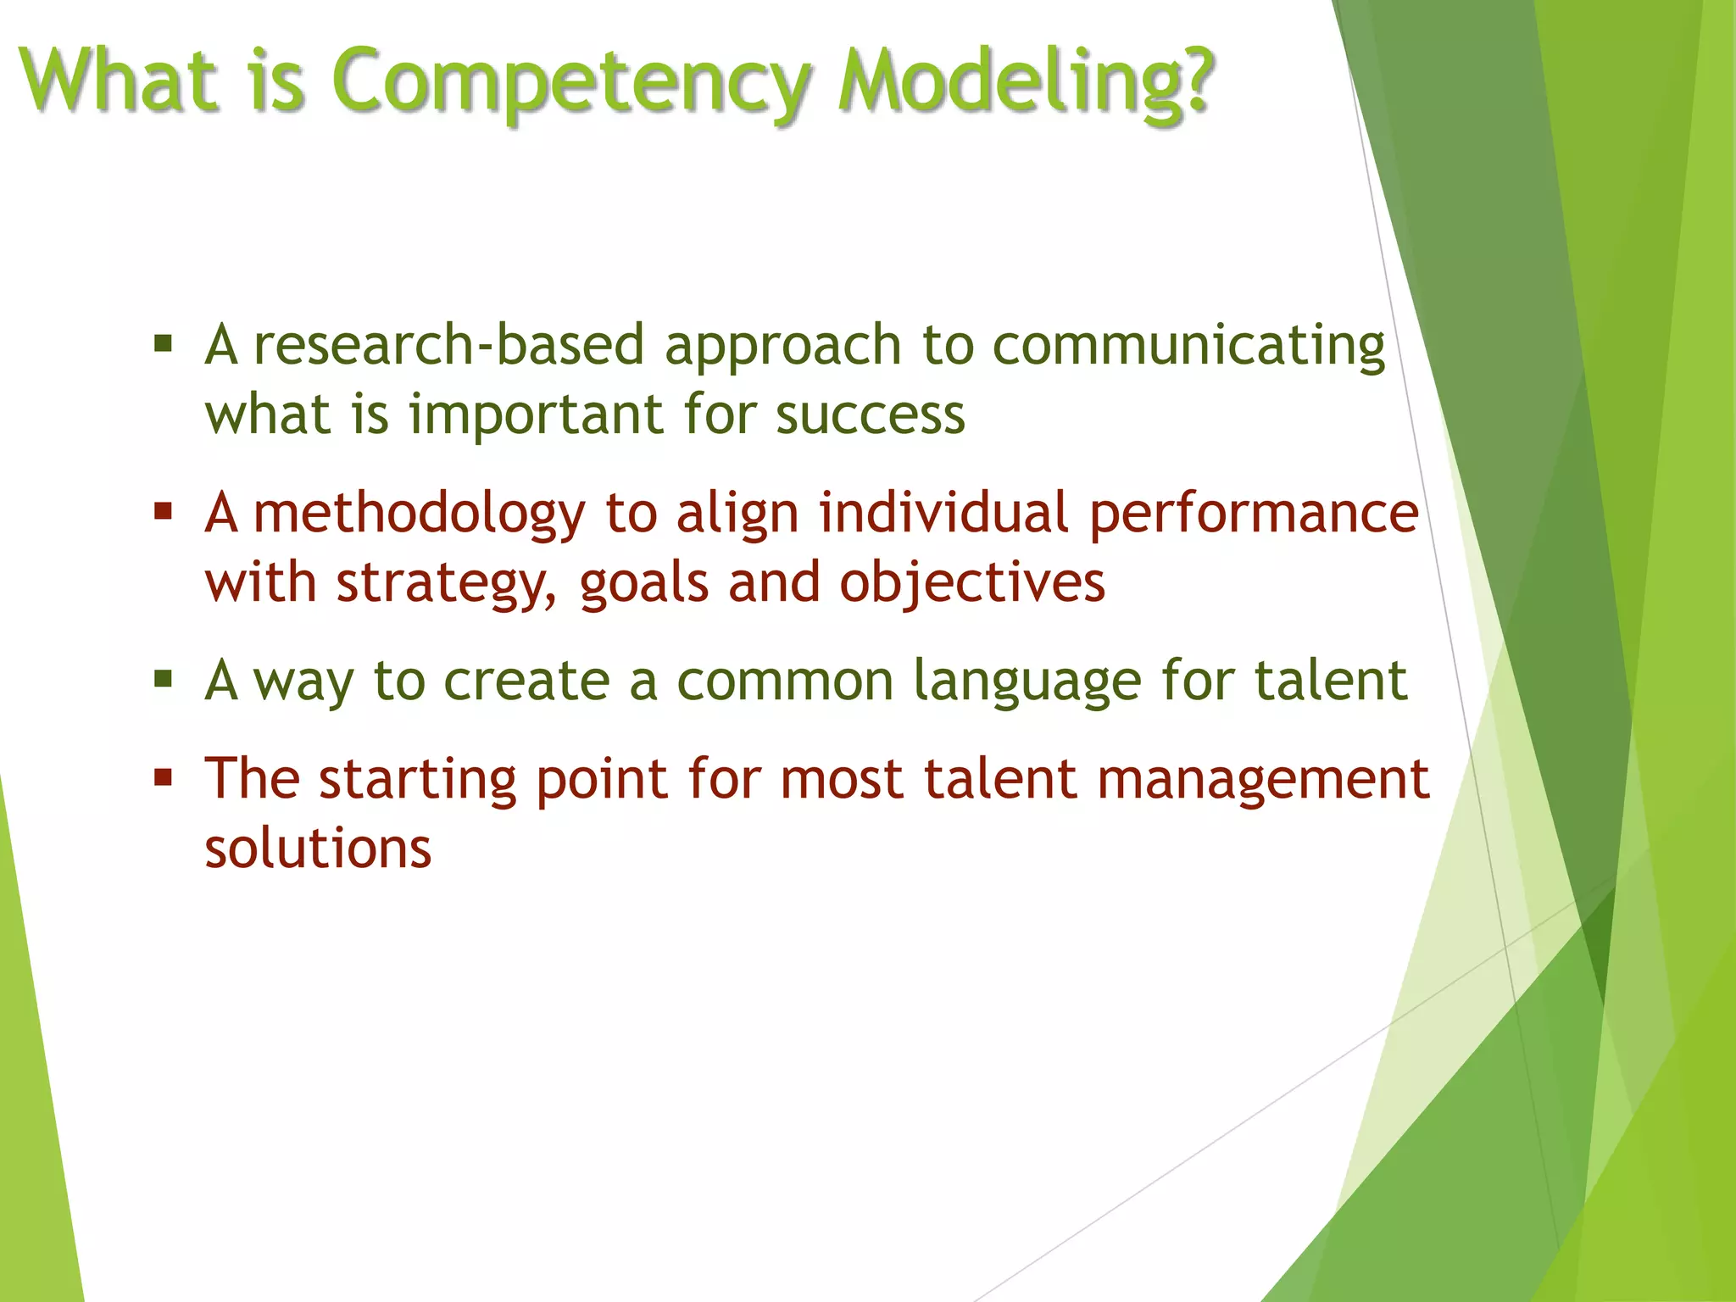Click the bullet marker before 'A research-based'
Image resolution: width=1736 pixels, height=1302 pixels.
(164, 344)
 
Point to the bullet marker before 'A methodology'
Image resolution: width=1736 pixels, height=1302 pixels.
(164, 512)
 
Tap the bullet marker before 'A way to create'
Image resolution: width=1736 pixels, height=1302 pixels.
(164, 679)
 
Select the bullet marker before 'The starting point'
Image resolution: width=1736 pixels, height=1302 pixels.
(164, 777)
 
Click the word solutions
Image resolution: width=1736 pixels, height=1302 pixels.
(318, 848)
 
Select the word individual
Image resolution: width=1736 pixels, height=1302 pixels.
(943, 513)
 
